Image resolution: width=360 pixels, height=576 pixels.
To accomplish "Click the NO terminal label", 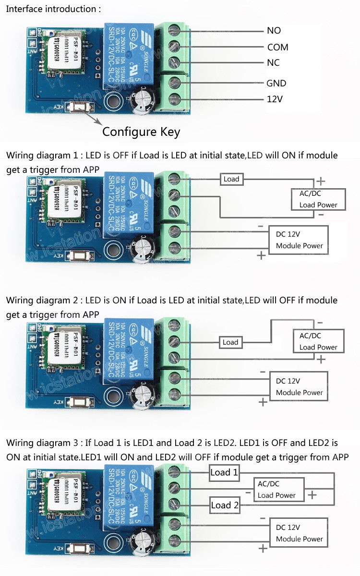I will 274,31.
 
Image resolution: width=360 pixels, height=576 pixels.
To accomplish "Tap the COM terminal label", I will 277,47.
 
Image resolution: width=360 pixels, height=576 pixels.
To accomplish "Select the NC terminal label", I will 273,63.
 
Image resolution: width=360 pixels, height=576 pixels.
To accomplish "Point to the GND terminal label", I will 276,83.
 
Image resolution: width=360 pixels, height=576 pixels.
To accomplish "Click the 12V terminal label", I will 275,100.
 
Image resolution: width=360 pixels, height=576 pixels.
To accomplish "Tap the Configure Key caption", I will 141,132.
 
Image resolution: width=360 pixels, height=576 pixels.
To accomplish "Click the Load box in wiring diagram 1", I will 231,179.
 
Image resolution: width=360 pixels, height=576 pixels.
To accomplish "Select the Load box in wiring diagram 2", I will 230,342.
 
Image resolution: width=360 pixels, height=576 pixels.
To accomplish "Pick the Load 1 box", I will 224,473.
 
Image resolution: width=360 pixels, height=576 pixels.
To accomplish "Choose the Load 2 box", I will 225,505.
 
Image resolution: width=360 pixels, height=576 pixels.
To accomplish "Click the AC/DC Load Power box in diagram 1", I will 318,199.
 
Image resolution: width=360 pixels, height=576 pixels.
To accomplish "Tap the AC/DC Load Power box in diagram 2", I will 318,341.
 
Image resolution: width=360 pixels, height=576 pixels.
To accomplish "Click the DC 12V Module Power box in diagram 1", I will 299,240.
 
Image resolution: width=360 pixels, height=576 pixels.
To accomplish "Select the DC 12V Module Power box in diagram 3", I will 299,533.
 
